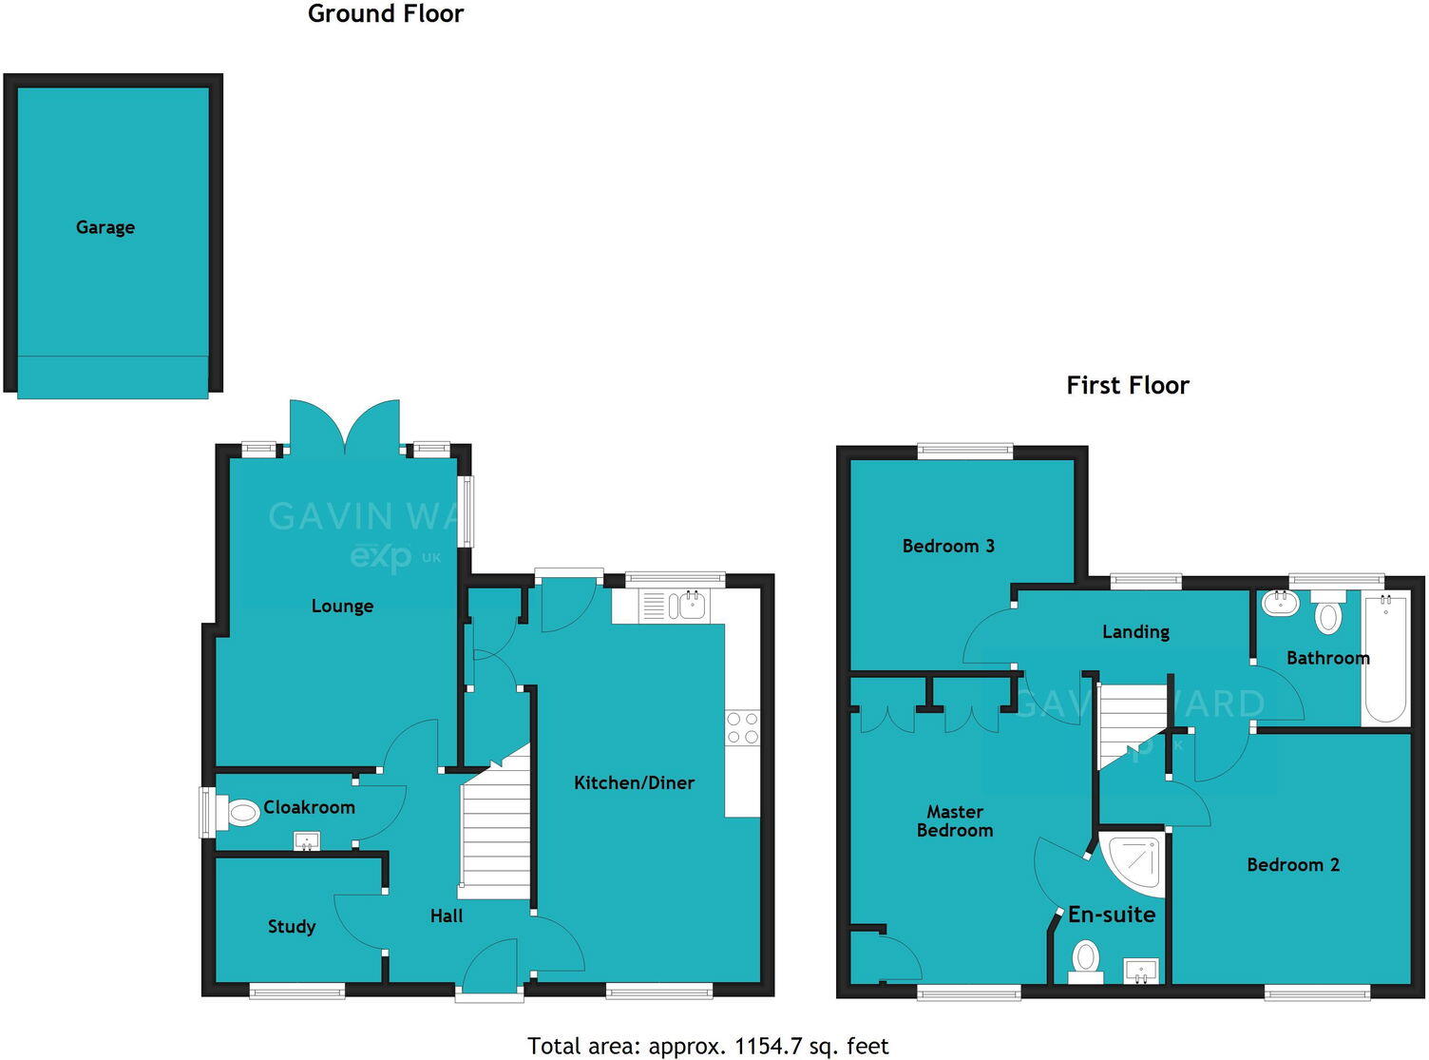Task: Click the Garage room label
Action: (105, 227)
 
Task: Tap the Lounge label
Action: (342, 606)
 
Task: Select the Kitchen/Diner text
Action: (634, 782)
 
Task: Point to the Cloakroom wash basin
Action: (307, 841)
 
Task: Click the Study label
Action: (291, 926)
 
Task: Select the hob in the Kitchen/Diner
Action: (742, 728)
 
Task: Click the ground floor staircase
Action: (495, 837)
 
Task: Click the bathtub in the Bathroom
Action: (1385, 658)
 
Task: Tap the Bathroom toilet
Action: (1327, 613)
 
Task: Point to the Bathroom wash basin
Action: (1281, 603)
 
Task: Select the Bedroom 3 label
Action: (948, 546)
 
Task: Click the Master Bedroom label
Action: (955, 820)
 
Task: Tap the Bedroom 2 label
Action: (1293, 864)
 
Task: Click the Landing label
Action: (1135, 631)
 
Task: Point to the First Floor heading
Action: (1128, 385)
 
